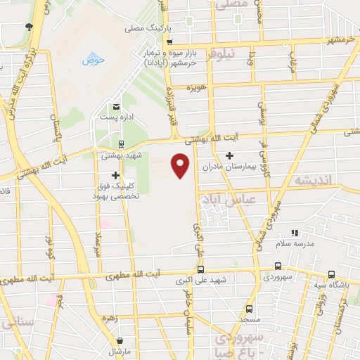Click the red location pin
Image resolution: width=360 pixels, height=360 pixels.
(x=181, y=166)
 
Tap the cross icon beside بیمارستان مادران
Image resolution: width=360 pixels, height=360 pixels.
(x=229, y=155)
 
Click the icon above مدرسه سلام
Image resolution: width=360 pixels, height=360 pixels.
(x=295, y=232)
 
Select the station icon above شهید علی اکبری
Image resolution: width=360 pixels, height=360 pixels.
(x=201, y=269)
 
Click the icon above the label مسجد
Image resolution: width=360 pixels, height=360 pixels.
(x=249, y=308)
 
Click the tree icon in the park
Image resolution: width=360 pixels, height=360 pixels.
(x=28, y=27)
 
